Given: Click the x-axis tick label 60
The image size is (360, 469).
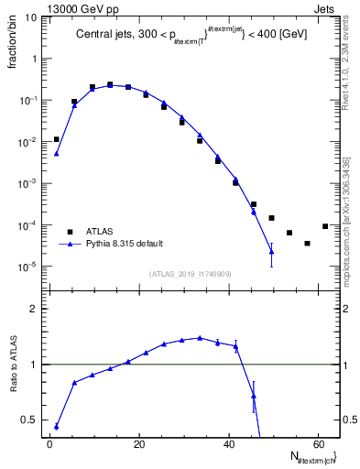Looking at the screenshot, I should point(317,444).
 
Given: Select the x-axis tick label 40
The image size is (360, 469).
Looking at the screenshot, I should point(228,444).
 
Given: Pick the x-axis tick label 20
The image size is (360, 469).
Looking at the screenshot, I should point(138,444).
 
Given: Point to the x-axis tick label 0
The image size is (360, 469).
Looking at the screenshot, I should point(49,444).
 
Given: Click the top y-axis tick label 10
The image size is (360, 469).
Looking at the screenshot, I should point(29,16).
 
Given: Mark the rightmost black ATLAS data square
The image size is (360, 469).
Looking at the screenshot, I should point(325,226).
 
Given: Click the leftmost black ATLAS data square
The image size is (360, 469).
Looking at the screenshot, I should point(56,139).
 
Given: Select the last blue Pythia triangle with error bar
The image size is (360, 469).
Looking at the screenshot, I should point(271,251).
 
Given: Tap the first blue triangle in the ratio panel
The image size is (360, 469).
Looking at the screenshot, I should point(56,426).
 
